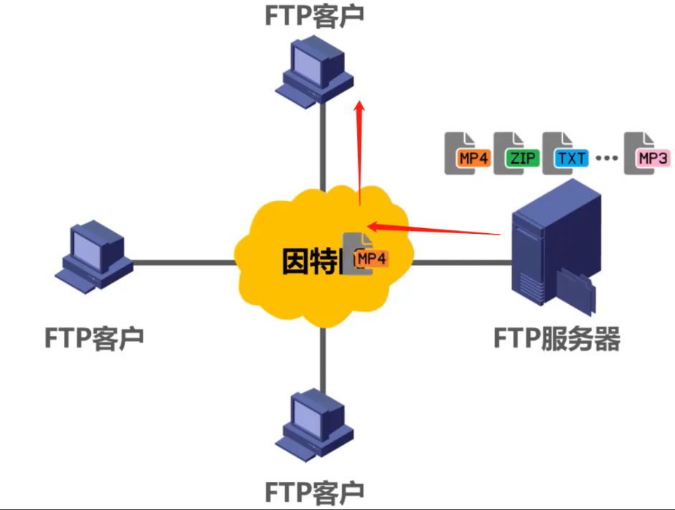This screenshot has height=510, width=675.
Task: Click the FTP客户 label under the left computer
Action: point(94,337)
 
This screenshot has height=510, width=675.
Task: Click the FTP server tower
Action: point(556,247)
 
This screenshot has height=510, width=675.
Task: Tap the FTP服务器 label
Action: point(557,338)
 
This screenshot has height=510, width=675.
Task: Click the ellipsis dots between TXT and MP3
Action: point(606,158)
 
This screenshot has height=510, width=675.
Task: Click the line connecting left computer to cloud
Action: point(183,262)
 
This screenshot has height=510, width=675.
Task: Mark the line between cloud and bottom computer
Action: point(321,359)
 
